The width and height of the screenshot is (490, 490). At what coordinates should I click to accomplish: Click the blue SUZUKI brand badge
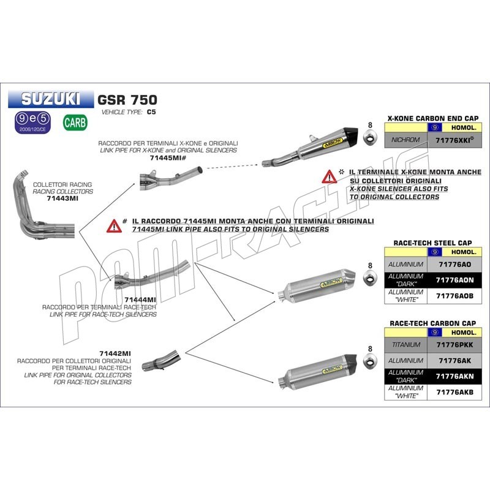point(51,98)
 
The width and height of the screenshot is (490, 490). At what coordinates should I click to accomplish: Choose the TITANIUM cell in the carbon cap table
point(404,345)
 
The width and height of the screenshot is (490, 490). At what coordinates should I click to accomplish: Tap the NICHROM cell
point(404,140)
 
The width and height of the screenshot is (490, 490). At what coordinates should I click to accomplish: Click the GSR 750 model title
point(127,99)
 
